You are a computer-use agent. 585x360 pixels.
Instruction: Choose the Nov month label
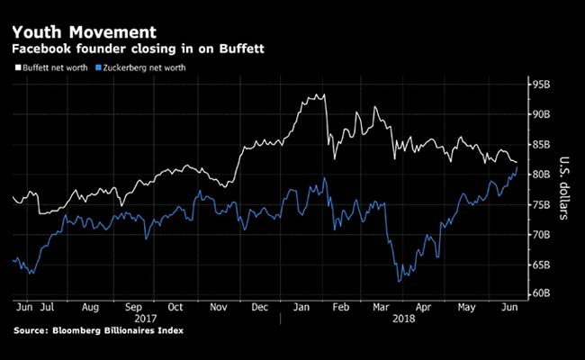(219, 306)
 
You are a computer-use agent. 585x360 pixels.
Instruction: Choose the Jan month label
(304, 306)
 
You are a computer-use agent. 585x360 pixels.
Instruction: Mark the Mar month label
(382, 306)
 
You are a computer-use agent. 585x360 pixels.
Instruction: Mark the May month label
(466, 306)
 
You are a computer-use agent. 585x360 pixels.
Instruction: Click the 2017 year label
(143, 318)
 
